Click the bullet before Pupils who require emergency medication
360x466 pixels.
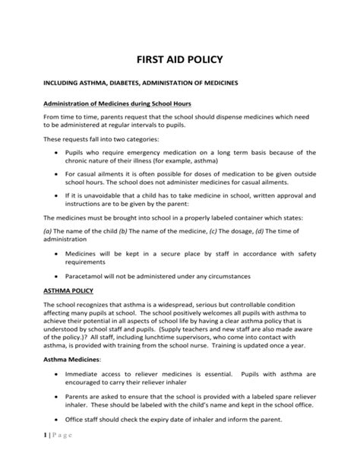(x=58, y=153)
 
